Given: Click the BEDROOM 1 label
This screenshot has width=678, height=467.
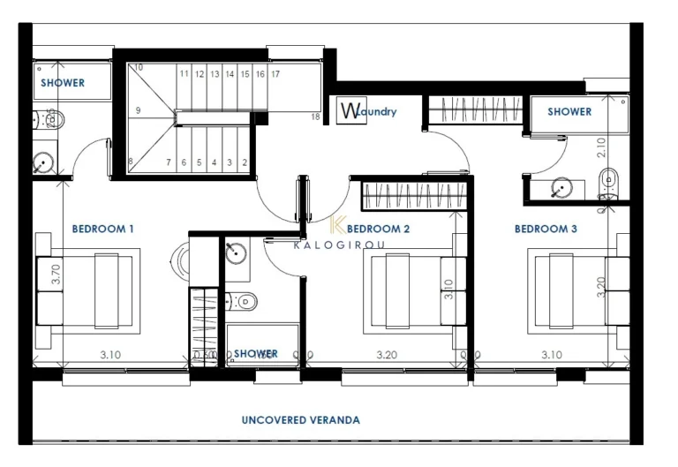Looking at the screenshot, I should point(102,229).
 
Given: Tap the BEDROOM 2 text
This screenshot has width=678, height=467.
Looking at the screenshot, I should point(379,229).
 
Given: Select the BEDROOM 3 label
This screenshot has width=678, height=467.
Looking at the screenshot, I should point(546,229).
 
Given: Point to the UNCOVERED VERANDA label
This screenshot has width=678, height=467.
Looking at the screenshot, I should point(301,420).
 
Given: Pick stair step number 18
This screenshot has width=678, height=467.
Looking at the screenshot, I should point(315,117).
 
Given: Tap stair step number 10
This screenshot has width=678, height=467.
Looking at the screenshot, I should point(139,67).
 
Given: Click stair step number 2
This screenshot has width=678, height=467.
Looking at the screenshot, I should point(244,162).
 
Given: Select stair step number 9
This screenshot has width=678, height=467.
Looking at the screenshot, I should point(139,111).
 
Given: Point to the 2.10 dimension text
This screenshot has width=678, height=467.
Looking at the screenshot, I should point(602,147).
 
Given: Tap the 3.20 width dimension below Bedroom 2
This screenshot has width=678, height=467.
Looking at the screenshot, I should point(387,355).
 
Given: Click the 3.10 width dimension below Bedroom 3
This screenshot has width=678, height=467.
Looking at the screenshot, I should point(551,355).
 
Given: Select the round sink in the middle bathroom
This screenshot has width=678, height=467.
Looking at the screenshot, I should point(235,252).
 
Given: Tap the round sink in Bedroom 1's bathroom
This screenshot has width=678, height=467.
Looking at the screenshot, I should point(42,162).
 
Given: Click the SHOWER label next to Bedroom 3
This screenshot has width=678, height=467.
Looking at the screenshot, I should point(569,112).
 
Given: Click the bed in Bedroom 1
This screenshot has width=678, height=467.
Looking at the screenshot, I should point(88,290).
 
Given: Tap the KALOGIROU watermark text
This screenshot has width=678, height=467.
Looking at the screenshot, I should point(338,246).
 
